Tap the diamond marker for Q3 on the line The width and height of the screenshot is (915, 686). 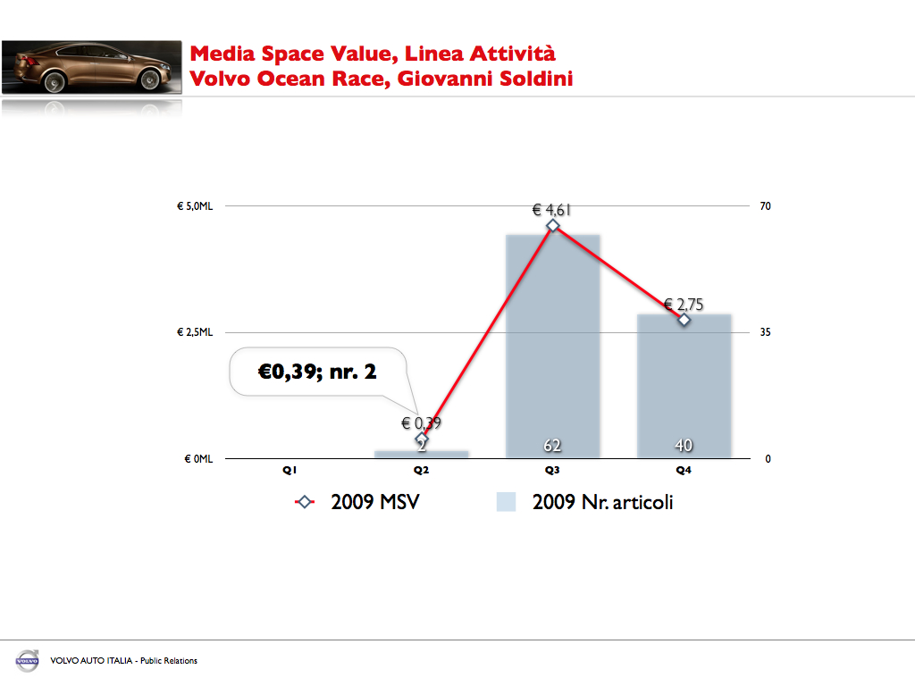pyautogui.click(x=553, y=225)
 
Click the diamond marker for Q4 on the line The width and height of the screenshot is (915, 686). pyautogui.click(x=684, y=319)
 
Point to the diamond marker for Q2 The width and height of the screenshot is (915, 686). pyautogui.click(x=422, y=439)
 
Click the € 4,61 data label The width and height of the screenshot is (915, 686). pyautogui.click(x=551, y=211)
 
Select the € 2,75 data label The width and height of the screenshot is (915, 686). pyautogui.click(x=684, y=305)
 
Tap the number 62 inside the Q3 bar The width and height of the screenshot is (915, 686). pyautogui.click(x=552, y=445)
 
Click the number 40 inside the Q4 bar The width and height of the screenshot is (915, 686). pyautogui.click(x=684, y=445)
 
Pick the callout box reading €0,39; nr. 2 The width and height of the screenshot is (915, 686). pyautogui.click(x=317, y=371)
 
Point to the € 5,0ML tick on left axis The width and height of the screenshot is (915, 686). pyautogui.click(x=194, y=206)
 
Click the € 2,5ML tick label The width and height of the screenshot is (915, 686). pyautogui.click(x=194, y=332)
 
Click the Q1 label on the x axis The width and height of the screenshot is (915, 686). pyautogui.click(x=290, y=470)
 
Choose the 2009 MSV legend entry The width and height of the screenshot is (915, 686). pyautogui.click(x=357, y=502)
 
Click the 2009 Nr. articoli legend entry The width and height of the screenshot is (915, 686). pyautogui.click(x=585, y=502)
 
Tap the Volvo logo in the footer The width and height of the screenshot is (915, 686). pyautogui.click(x=27, y=661)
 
